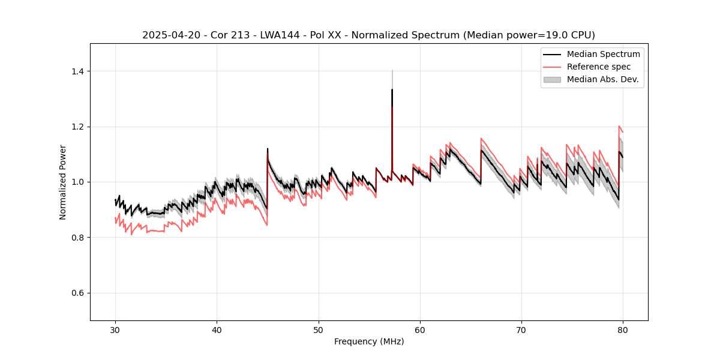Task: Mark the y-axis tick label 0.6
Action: tap(77, 293)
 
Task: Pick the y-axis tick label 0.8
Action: tap(77, 238)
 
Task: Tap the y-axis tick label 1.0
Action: tap(77, 182)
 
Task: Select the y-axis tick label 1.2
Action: tap(77, 127)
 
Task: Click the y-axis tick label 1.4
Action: tap(77, 71)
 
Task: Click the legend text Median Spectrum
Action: tap(603, 54)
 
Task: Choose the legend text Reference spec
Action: tap(599, 67)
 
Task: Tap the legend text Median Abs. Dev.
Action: tap(603, 79)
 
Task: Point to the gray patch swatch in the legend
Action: tap(552, 79)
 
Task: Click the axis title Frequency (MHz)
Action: tap(369, 341)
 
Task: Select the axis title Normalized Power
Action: tap(63, 182)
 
